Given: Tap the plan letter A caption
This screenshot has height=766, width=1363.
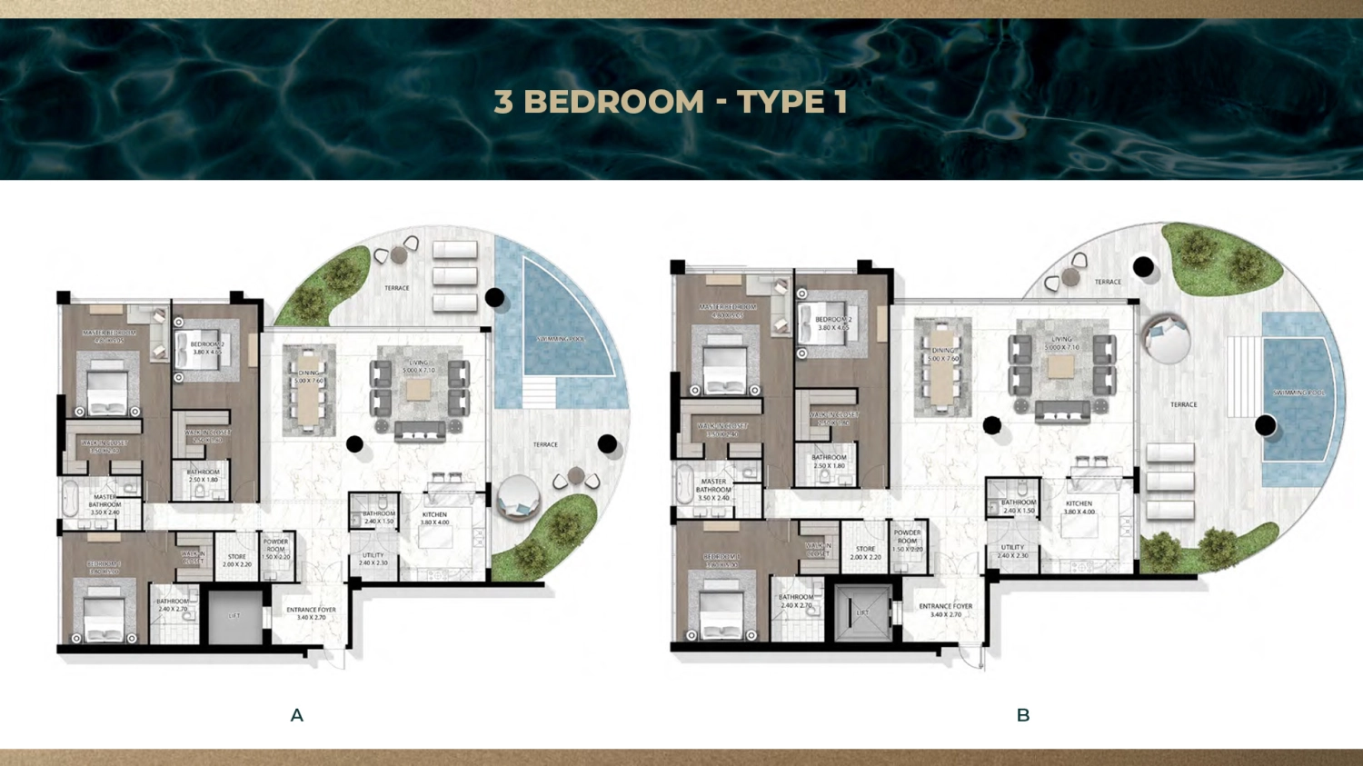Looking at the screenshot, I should pos(297,715).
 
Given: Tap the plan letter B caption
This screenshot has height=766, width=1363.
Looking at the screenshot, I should pos(1023,715).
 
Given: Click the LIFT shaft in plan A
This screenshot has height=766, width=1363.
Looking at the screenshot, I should pos(234,616).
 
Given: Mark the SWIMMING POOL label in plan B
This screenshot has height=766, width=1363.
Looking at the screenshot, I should pos(1299,393).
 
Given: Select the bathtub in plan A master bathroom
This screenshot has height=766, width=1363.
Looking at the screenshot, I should pos(71,499).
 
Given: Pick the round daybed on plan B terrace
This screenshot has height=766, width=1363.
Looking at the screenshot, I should pos(1165,338).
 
